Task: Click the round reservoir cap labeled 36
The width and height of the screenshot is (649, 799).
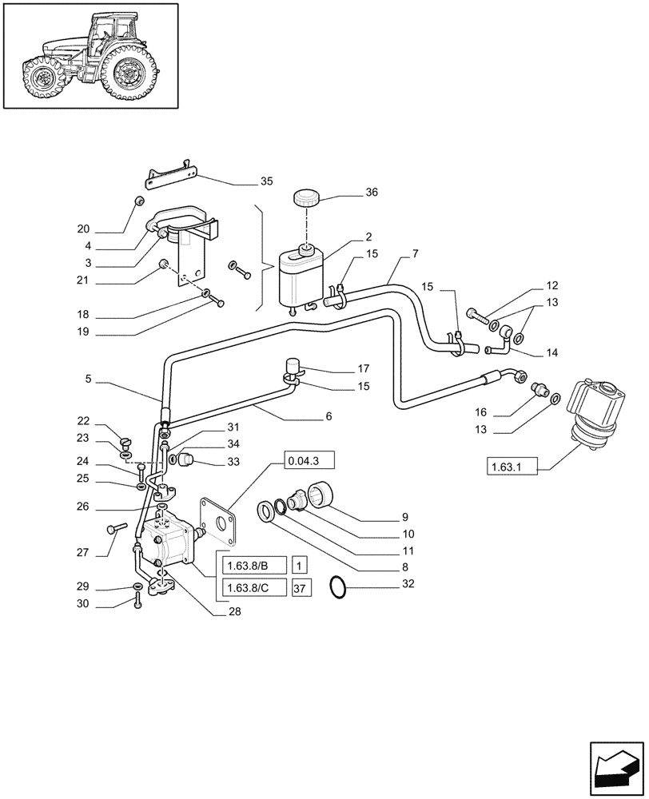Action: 305,198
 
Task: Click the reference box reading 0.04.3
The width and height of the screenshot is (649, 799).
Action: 308,461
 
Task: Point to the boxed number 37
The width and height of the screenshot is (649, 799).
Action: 301,589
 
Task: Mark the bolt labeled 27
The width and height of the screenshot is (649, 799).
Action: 117,528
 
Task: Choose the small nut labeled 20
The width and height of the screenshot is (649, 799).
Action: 138,200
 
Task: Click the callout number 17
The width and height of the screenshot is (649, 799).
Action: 363,369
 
